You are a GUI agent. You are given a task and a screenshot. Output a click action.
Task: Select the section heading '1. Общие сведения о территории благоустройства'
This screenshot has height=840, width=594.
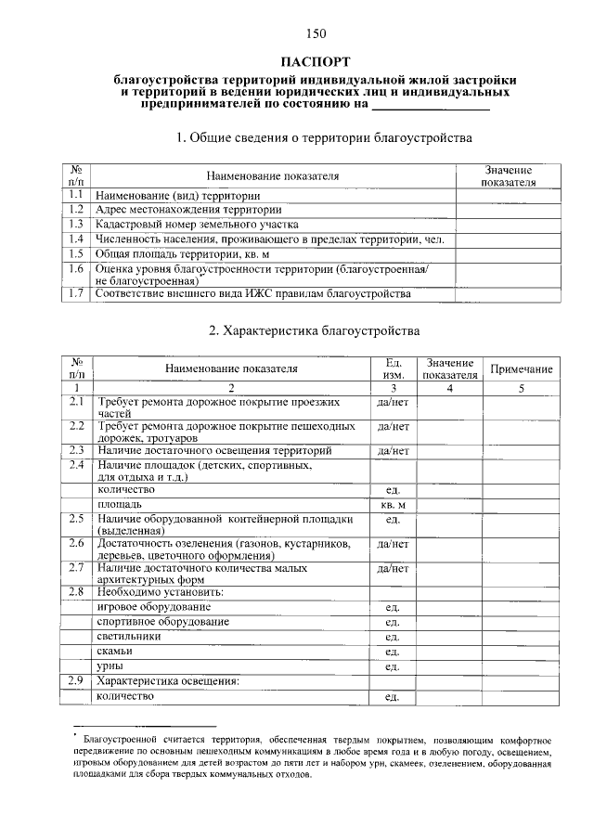325,138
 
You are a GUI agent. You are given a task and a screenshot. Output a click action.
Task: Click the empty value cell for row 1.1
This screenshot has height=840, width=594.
508,196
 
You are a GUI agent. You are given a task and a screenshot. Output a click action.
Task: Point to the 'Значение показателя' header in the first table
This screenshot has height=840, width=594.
508,176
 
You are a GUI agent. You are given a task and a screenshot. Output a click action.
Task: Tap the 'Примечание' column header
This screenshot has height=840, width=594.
521,369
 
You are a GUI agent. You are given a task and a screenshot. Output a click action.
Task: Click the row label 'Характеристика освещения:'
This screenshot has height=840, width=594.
168,681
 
